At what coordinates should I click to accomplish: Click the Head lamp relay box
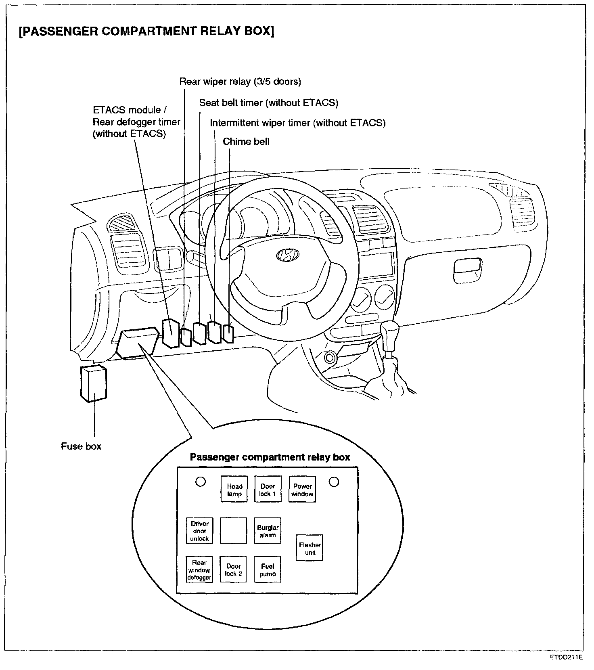point(234,490)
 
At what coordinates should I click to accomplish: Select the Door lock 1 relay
point(268,490)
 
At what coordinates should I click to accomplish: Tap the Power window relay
point(302,490)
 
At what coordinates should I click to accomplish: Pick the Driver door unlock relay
point(199,531)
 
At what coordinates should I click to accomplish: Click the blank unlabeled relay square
point(233,531)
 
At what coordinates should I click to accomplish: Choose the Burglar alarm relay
point(268,531)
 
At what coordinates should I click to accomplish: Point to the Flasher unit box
point(310,548)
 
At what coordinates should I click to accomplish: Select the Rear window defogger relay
point(199,569)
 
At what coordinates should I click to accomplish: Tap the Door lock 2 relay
point(233,569)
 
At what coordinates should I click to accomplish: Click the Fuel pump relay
point(268,569)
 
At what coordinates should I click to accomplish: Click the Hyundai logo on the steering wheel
point(288,255)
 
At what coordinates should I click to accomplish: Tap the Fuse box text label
point(81,446)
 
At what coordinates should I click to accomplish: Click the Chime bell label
point(246,142)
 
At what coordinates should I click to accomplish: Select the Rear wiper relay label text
point(240,82)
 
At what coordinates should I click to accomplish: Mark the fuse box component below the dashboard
point(94,383)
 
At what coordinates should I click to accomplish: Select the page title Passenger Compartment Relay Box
point(146,31)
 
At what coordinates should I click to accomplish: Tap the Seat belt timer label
point(268,103)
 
